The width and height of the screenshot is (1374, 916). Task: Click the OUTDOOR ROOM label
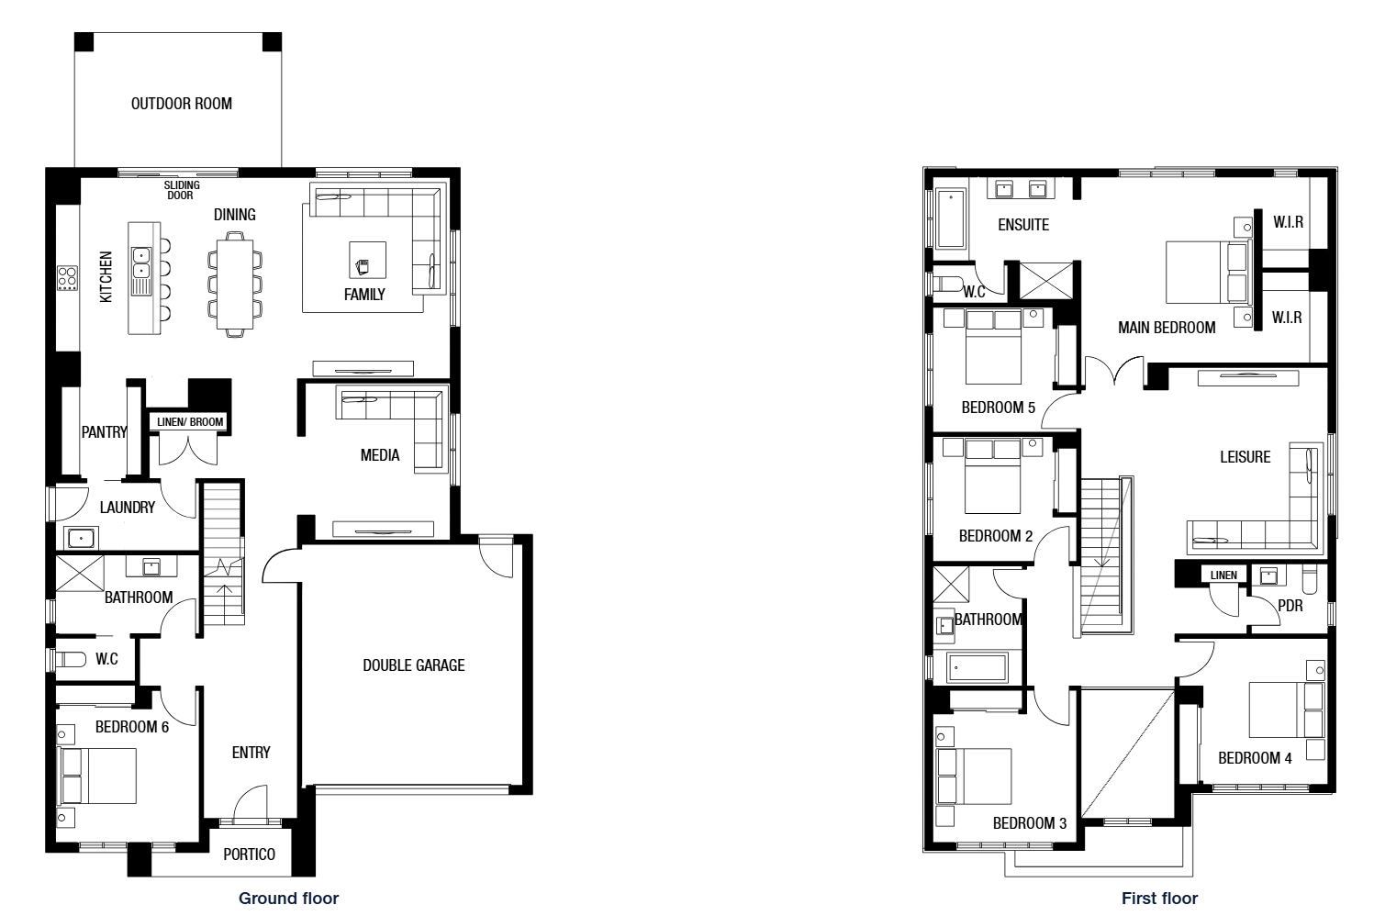tap(182, 104)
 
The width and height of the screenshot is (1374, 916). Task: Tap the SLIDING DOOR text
tap(182, 190)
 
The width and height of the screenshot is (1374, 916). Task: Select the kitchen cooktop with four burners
tap(68, 278)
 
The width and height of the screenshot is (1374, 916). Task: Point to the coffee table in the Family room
tap(367, 260)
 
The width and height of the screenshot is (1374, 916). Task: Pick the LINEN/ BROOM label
tap(190, 422)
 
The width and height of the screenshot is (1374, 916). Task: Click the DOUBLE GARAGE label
tap(413, 665)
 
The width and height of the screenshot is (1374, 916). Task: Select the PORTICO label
tap(249, 854)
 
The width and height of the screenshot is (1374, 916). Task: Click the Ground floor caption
tap(288, 899)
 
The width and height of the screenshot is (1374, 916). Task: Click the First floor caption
tap(1159, 899)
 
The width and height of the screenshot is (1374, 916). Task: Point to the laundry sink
tap(81, 538)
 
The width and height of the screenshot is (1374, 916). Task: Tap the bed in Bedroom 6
tap(97, 776)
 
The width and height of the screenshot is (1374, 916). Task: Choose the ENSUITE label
tap(1023, 225)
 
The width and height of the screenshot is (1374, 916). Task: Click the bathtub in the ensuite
tap(951, 218)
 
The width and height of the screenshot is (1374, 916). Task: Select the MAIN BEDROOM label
tap(1167, 328)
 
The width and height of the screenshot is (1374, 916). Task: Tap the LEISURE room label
tap(1246, 457)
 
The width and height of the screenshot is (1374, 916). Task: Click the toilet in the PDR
tap(1309, 579)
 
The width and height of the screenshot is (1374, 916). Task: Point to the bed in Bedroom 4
tap(1286, 709)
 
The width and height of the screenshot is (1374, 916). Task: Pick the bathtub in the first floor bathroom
tap(977, 667)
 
